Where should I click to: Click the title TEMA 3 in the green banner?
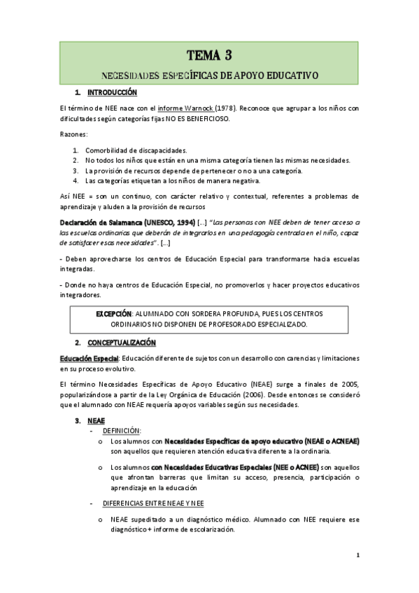209,55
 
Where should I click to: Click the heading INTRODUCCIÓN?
112,92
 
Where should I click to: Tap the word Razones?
73,134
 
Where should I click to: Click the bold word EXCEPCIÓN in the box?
113,314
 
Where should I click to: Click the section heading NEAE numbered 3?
96,421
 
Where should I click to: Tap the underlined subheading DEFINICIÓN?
122,431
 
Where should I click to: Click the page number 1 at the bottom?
357,556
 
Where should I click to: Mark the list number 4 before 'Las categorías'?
76,180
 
